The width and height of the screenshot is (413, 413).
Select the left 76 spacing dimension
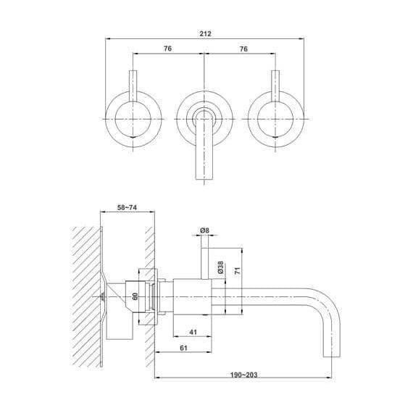point(168,49)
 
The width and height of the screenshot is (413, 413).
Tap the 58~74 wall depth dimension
point(128,206)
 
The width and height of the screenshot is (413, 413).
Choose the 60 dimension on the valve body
point(135,296)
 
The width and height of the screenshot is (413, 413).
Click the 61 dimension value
point(185,349)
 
